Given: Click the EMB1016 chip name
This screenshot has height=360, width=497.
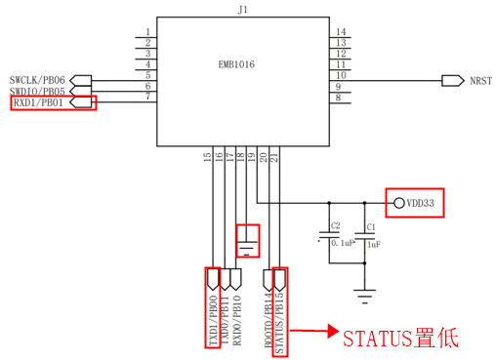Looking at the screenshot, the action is point(236,64).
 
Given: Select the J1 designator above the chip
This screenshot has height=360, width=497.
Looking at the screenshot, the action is point(243,10).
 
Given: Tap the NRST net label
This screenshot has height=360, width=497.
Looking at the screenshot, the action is point(480,81).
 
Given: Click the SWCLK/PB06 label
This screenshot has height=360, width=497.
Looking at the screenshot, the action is point(37,80).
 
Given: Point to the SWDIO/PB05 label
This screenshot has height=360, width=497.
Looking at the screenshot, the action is point(37,92).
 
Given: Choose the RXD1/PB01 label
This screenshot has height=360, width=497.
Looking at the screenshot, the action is point(38,102).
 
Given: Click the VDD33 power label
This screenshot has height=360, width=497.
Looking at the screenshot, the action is point(420,203).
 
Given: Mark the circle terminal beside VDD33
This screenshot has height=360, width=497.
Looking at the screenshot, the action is point(399,203).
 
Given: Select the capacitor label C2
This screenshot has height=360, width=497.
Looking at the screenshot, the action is point(336,225).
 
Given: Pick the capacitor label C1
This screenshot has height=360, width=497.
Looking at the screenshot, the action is point(371,227).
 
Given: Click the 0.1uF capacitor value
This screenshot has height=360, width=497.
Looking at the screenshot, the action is point(343,243).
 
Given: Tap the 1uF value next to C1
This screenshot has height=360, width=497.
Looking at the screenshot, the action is point(374,244).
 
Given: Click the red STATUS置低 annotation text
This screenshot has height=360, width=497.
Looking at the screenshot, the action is point(401,339).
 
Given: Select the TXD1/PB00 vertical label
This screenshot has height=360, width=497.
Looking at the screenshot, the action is point(213,320).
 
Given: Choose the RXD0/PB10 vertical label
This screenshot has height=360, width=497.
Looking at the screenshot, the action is point(237,320).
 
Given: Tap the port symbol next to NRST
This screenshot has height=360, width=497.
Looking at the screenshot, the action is point(453,81).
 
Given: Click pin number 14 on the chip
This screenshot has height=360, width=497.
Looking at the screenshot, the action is point(341,32).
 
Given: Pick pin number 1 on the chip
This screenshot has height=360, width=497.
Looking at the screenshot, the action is point(148,32).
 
